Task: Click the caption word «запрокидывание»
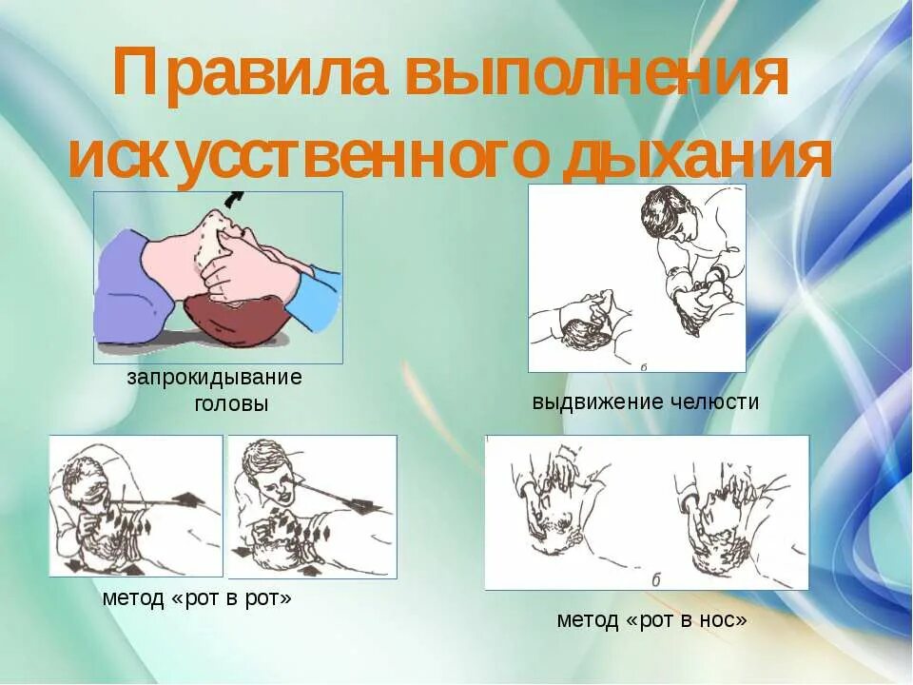(x=215, y=377)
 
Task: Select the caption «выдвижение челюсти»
(x=646, y=401)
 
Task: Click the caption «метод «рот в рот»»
(x=197, y=598)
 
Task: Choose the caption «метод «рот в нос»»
(x=652, y=620)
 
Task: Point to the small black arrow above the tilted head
(x=233, y=199)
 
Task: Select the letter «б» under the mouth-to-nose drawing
(x=655, y=579)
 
